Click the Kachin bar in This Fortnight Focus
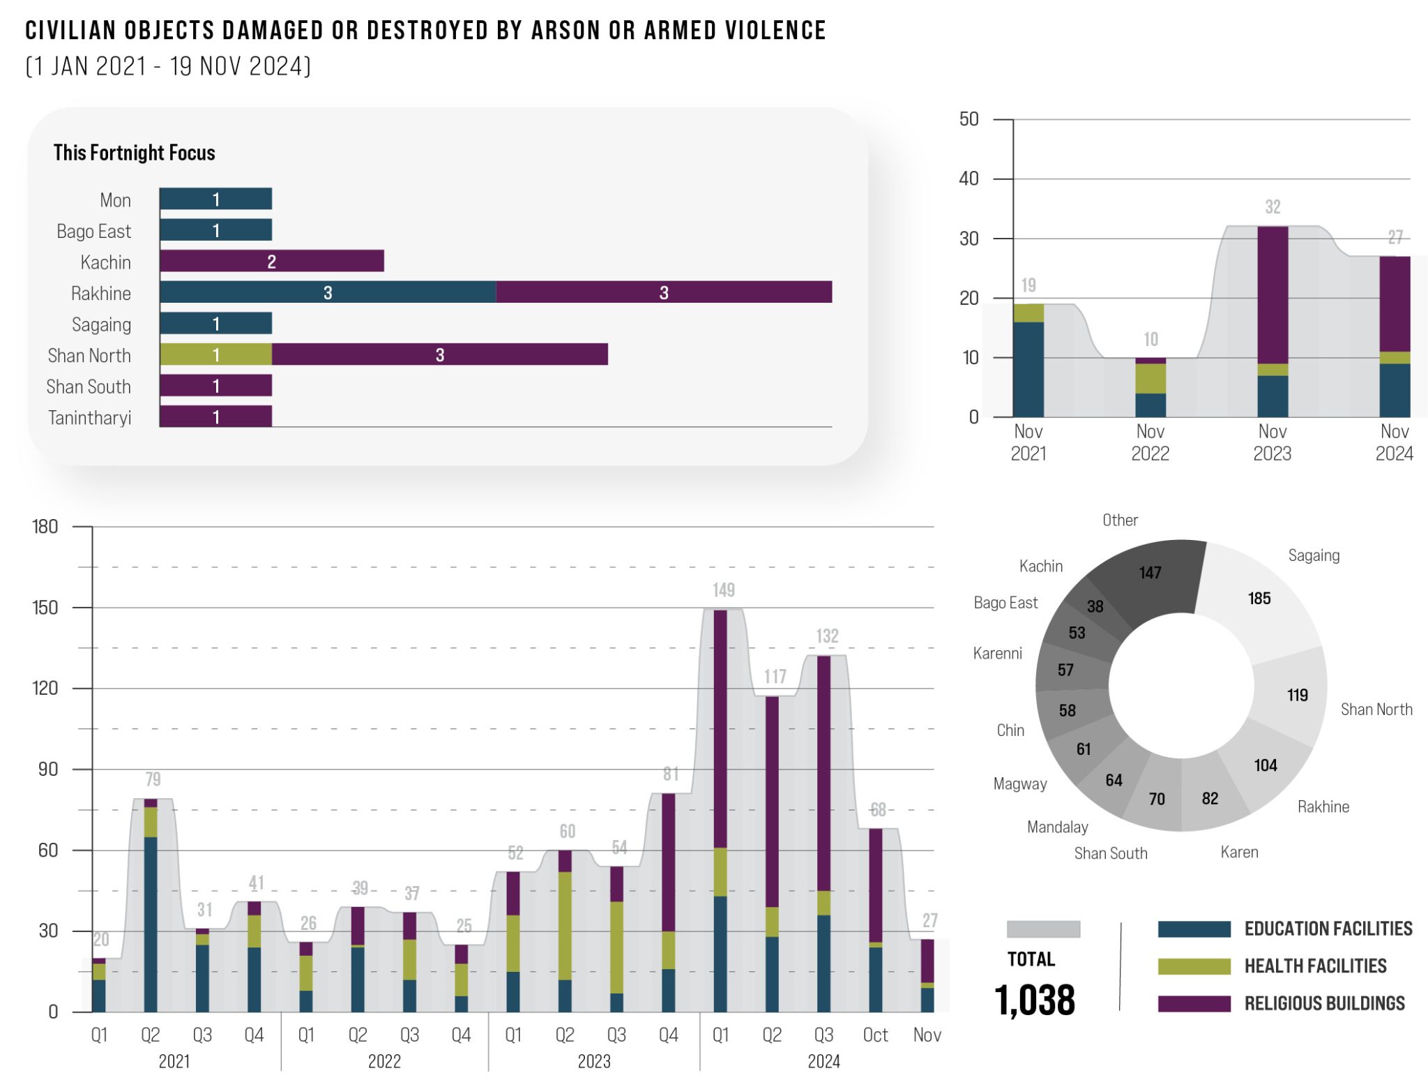[x=271, y=261]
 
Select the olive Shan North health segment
[x=215, y=354]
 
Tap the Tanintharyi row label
[x=89, y=417]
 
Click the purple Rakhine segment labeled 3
[x=663, y=292]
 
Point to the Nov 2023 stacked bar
[x=1273, y=321]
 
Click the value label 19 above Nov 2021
[x=1028, y=285]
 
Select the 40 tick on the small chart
[x=969, y=179]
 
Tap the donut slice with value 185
[x=1259, y=599]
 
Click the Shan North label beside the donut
[x=1376, y=710]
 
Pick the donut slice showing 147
[x=1150, y=573]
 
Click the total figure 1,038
[x=1035, y=1000]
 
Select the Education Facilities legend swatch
[x=1194, y=929]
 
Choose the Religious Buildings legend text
[x=1324, y=1003]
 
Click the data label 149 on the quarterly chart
[x=723, y=590]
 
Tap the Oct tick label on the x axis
[x=875, y=1035]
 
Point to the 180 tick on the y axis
[x=45, y=527]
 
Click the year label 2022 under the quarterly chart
[x=384, y=1061]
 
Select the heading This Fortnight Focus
[x=134, y=153]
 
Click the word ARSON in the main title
[x=556, y=31]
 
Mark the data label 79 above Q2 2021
[x=153, y=779]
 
